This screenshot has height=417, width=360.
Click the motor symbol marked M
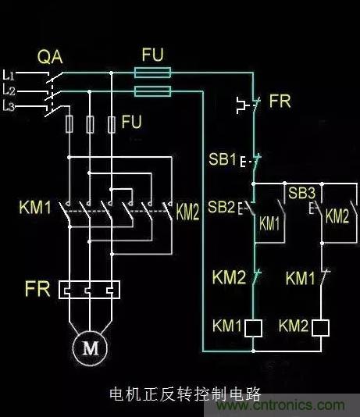pyautogui.click(x=90, y=347)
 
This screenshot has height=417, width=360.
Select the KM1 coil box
pyautogui.click(x=253, y=328)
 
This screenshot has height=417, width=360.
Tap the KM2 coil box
pyautogui.click(x=321, y=328)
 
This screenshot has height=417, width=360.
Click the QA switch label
pyautogui.click(x=50, y=57)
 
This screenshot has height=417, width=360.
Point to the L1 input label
pyautogui.click(x=9, y=75)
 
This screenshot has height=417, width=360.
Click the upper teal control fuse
pyautogui.click(x=152, y=73)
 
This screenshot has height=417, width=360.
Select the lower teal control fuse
pyautogui.click(x=152, y=91)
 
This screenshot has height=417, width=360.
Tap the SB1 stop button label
pyautogui.click(x=223, y=159)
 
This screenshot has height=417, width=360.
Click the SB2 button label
pyautogui.click(x=222, y=207)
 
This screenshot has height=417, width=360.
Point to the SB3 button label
pyautogui.click(x=301, y=193)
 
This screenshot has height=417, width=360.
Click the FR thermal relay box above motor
pyautogui.click(x=89, y=290)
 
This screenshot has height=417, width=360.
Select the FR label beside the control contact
pyautogui.click(x=280, y=101)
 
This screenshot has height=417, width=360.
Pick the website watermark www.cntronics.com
pyautogui.click(x=280, y=405)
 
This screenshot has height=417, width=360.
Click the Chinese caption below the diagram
pyautogui.click(x=185, y=394)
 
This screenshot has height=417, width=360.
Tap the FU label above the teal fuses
pyautogui.click(x=152, y=55)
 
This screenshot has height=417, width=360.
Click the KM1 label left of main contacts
pyautogui.click(x=35, y=207)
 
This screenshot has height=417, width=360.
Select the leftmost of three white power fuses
pyautogui.click(x=70, y=124)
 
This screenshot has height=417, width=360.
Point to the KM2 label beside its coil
pyautogui.click(x=294, y=326)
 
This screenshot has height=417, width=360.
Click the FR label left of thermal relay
pyautogui.click(x=37, y=289)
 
